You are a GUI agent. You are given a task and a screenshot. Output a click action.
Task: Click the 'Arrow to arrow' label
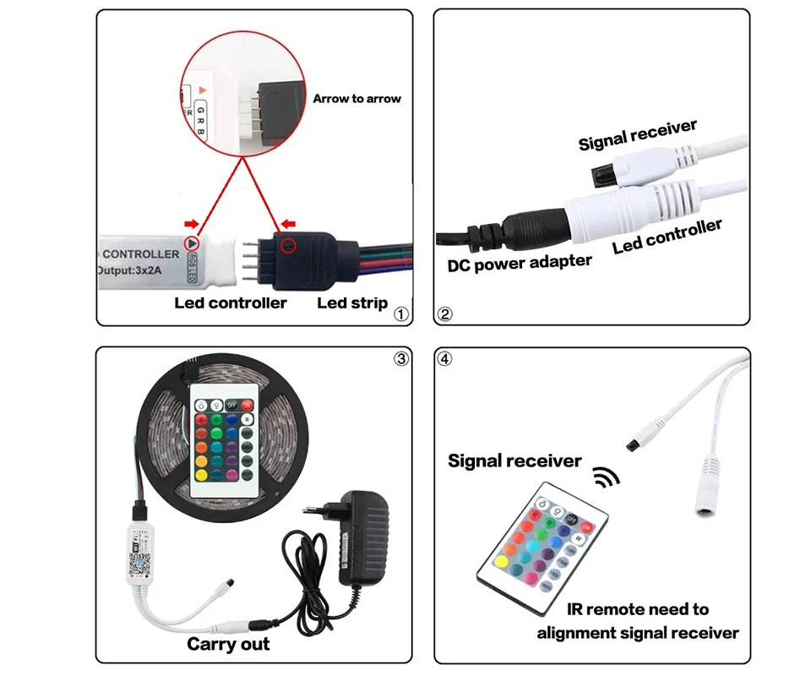tap(357, 99)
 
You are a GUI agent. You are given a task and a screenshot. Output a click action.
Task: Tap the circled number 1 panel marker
tap(401, 314)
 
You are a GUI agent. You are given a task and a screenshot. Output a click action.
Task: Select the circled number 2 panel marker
tap(446, 314)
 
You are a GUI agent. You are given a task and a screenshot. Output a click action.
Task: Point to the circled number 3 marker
tap(401, 358)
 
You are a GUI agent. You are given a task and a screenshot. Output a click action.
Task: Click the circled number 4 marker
tap(446, 358)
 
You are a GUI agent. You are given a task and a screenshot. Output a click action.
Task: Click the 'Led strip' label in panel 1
tap(352, 303)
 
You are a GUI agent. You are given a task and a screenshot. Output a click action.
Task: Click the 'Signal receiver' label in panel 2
tap(638, 135)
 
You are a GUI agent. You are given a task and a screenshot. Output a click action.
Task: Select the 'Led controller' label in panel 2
tap(667, 237)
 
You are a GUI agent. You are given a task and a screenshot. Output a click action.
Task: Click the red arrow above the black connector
tap(290, 225)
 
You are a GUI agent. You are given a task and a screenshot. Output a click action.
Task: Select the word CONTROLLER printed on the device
tap(140, 253)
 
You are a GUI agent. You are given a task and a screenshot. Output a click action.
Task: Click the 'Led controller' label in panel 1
tap(231, 303)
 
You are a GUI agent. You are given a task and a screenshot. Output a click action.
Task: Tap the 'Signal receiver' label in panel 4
tap(514, 461)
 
